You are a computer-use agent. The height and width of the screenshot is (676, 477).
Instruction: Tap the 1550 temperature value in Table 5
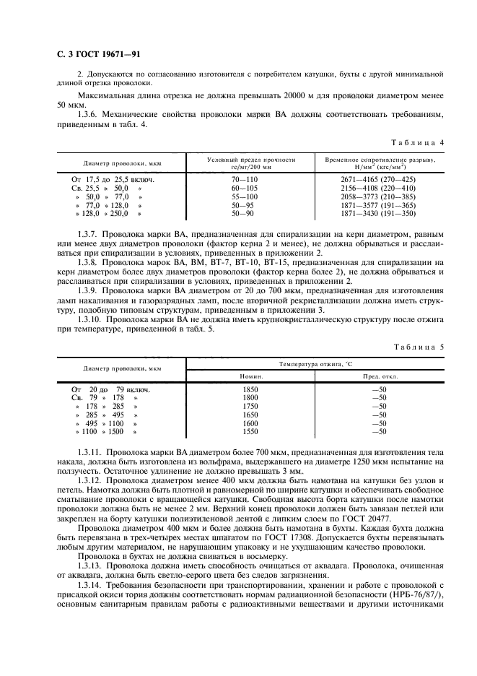click(x=250, y=431)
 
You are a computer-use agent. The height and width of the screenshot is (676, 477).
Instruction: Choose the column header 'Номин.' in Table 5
click(x=251, y=377)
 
